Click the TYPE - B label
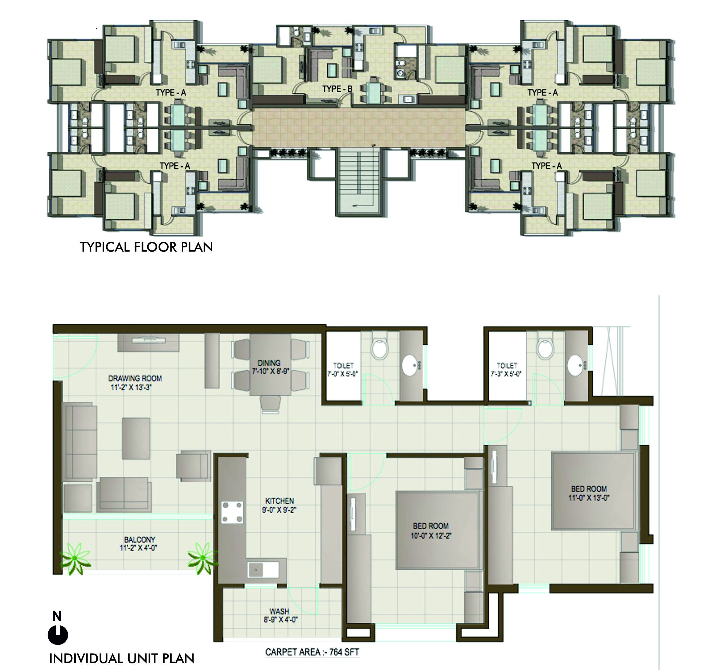click(x=337, y=89)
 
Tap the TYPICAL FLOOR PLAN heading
click(x=146, y=247)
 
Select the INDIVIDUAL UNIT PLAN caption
click(x=122, y=658)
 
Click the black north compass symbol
click(x=58, y=635)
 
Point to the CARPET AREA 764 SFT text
click(x=312, y=652)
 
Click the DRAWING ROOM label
click(x=135, y=382)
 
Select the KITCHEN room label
click(x=279, y=505)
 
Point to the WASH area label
click(x=281, y=615)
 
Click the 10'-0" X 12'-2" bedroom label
click(x=430, y=531)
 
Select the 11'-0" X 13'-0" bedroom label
click(x=589, y=493)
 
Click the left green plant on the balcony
click(x=75, y=559)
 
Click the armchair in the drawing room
click(x=193, y=465)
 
